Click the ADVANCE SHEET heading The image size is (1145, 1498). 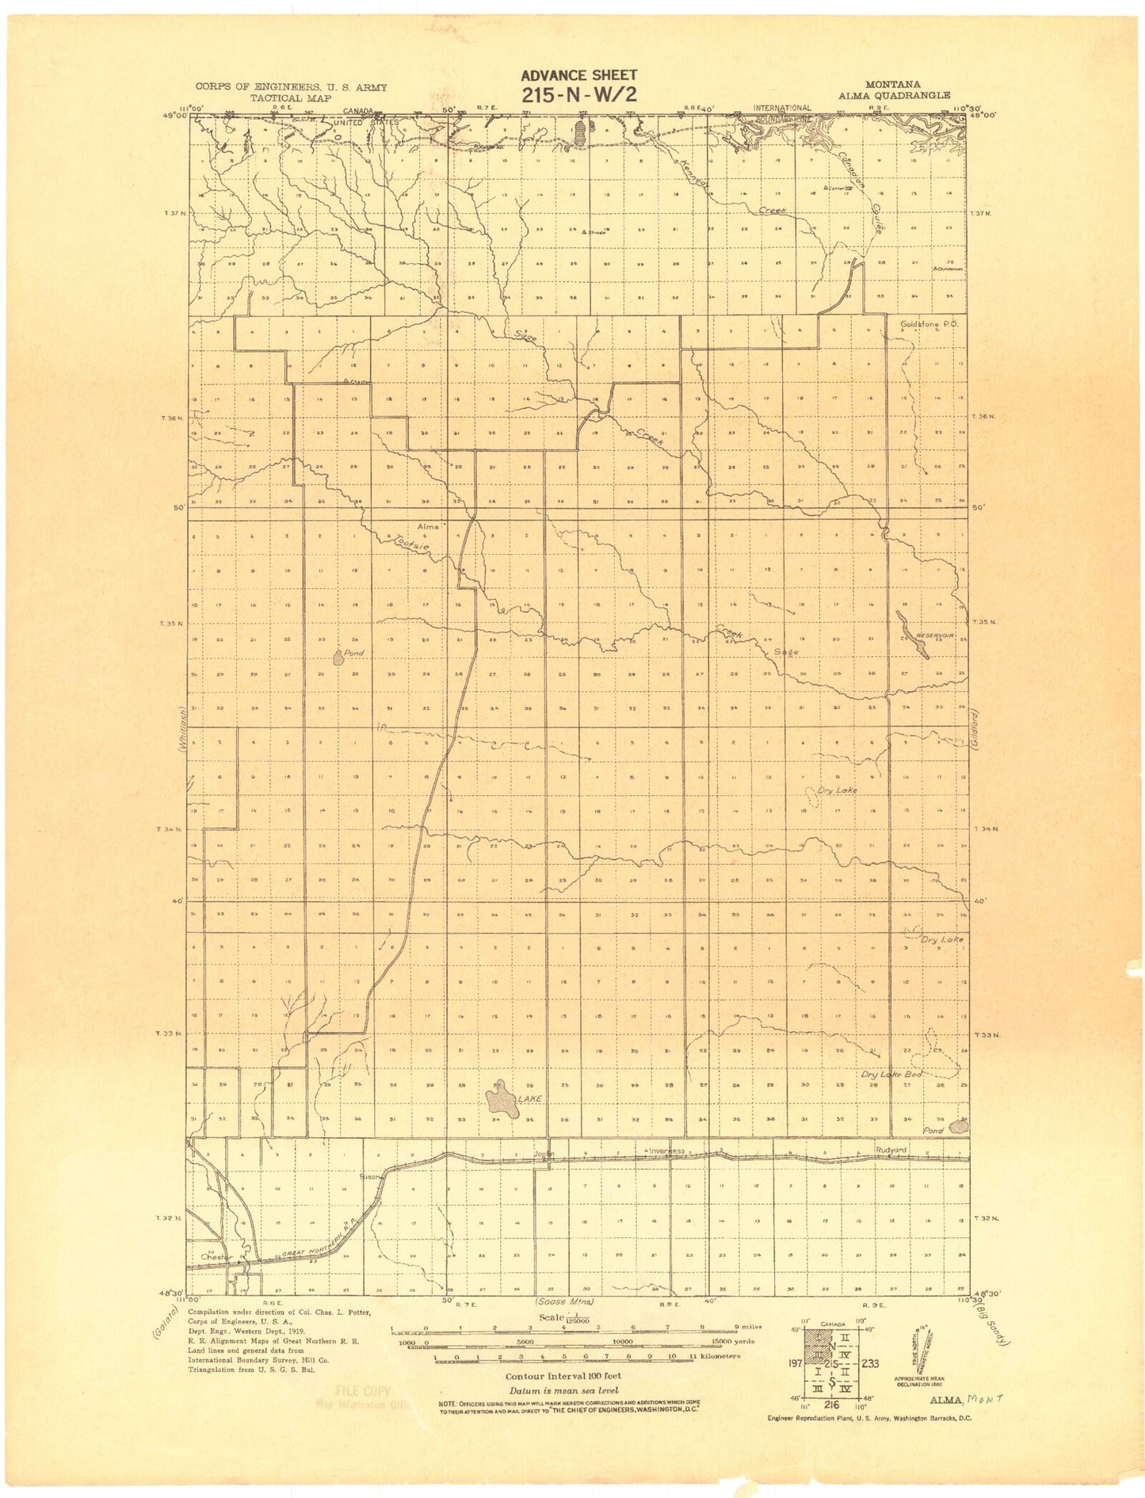(x=578, y=75)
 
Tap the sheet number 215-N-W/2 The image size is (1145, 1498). (x=578, y=95)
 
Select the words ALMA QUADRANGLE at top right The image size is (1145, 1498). (x=897, y=96)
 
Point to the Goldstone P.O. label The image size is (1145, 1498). (x=929, y=323)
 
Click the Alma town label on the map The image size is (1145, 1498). (x=428, y=526)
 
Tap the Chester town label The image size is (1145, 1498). (x=216, y=1256)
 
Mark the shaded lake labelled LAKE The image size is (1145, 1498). (x=502, y=1099)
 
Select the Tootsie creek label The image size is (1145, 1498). (x=413, y=543)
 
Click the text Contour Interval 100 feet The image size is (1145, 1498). (x=563, y=1377)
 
